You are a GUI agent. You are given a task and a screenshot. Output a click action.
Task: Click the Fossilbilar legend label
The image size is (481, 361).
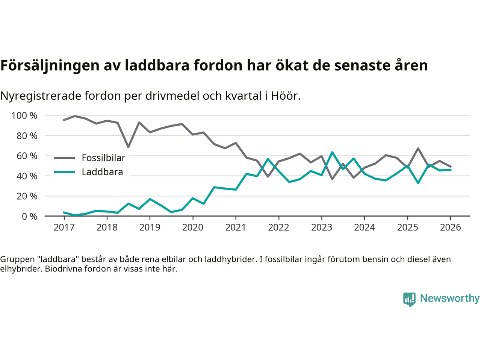(103, 158)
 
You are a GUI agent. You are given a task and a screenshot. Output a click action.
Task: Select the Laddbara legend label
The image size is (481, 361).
(102, 172)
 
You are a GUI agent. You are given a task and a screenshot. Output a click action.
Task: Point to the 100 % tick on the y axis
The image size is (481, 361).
(24, 115)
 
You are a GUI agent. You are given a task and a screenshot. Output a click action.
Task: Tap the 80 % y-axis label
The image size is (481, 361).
(27, 136)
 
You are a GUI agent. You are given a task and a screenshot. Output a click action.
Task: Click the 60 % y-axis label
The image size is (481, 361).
(27, 156)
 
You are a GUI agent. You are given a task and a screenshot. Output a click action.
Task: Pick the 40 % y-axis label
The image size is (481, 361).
(27, 176)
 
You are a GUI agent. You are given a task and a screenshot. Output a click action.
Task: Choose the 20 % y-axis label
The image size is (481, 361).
(27, 196)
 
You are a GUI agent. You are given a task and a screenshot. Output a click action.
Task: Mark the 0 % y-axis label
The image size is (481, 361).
(29, 217)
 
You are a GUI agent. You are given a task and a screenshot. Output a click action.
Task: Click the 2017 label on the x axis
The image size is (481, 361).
(64, 228)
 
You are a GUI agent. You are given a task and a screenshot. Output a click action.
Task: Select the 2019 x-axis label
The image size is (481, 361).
(150, 228)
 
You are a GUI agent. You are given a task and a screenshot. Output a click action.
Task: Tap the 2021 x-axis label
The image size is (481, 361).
(236, 228)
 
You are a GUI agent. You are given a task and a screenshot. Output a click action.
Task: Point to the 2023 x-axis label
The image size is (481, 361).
(322, 228)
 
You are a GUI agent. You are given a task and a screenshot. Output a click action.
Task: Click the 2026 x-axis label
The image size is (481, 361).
(450, 228)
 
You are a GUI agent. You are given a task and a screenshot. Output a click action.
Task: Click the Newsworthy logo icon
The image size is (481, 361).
(409, 299)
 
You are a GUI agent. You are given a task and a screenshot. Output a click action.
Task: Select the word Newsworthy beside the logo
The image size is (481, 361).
(450, 298)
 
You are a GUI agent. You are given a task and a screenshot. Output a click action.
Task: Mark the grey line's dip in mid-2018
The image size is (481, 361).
(128, 147)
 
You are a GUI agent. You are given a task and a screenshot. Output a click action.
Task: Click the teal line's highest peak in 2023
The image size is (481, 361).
(332, 152)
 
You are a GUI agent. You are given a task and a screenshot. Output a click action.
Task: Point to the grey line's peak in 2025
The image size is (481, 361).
(418, 149)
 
